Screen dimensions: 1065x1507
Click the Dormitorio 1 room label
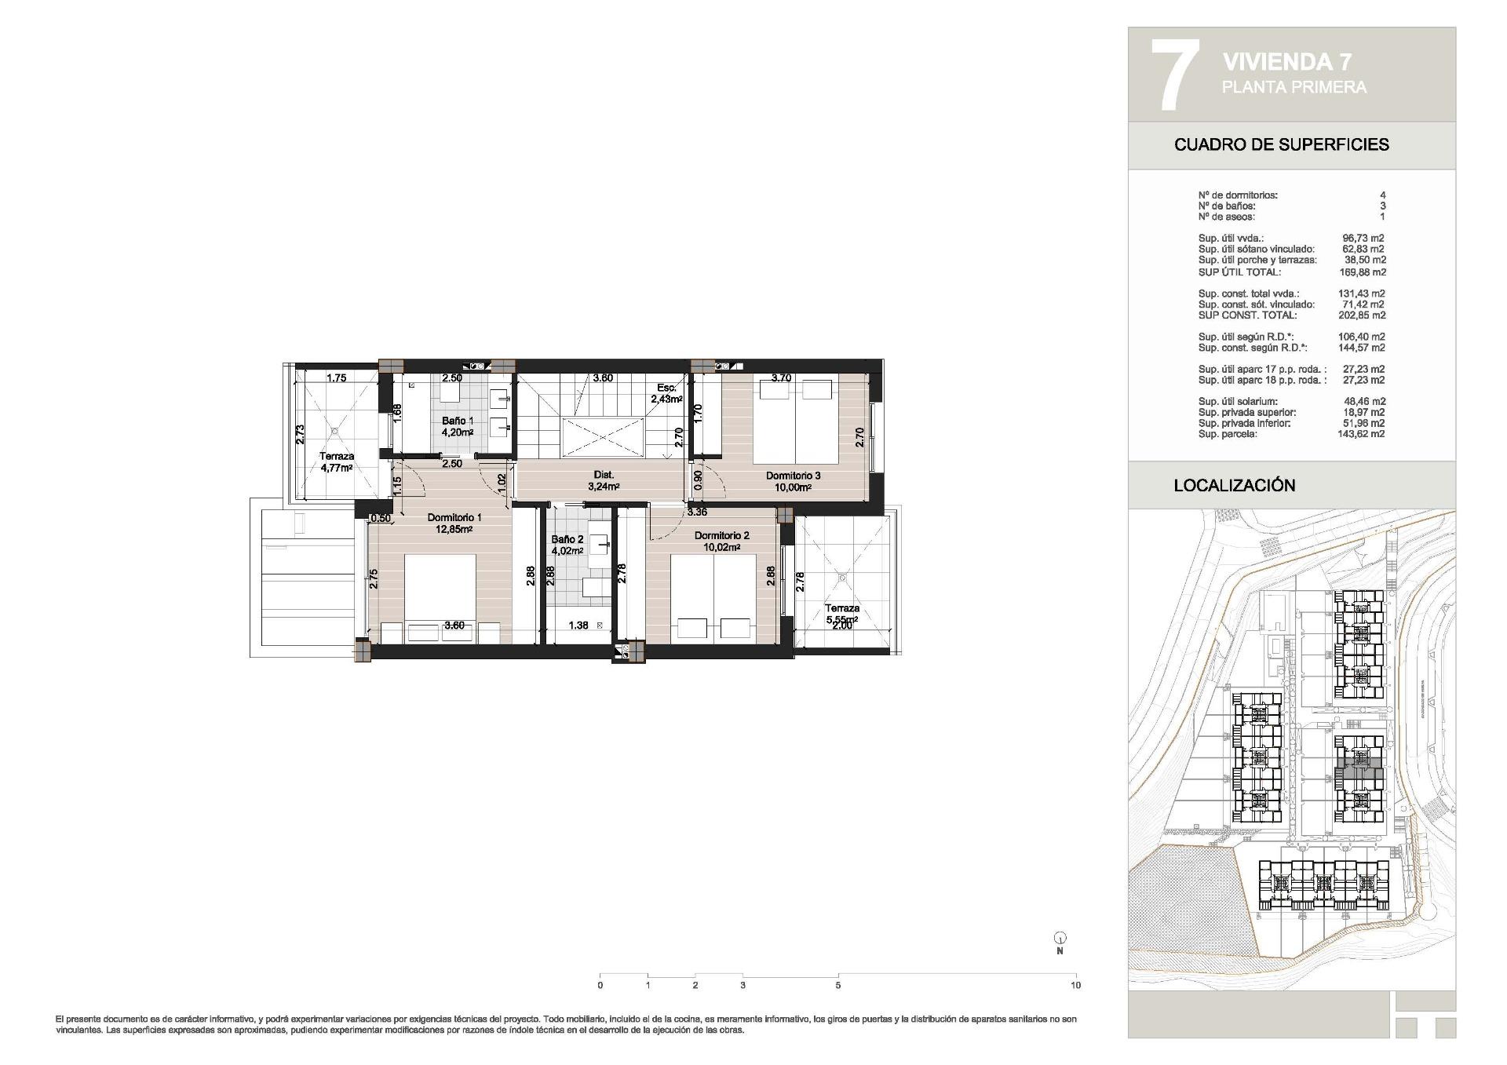tap(454, 517)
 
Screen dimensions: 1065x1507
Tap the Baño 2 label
tap(567, 539)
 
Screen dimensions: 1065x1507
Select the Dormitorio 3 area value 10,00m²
tap(793, 487)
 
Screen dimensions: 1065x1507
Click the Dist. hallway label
tap(603, 475)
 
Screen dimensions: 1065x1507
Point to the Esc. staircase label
tap(666, 388)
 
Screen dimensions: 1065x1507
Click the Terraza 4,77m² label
tap(336, 456)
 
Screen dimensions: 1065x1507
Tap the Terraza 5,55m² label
tap(841, 608)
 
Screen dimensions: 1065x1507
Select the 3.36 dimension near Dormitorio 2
tap(696, 512)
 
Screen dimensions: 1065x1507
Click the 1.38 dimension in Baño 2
tap(578, 626)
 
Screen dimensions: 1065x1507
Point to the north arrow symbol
tap(1060, 938)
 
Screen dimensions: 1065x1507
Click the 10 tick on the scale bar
tap(1075, 985)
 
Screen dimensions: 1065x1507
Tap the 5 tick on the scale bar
tap(837, 985)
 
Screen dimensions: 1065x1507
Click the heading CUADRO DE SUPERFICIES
tap(1281, 144)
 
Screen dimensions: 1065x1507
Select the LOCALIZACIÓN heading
tap(1234, 485)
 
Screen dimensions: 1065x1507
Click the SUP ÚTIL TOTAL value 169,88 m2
tap(1362, 272)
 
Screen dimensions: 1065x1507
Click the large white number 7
tap(1175, 75)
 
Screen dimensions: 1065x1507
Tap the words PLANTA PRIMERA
tap(1294, 87)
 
